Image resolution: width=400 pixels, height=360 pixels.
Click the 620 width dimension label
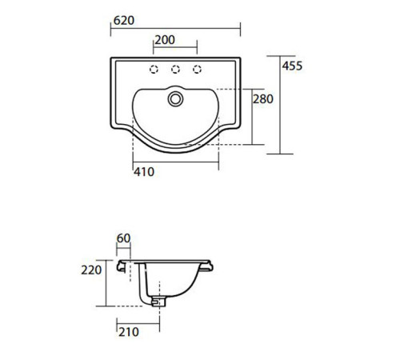click(124, 21)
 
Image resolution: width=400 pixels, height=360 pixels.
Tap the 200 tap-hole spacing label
click(165, 40)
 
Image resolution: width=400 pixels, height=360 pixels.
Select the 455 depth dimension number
click(293, 66)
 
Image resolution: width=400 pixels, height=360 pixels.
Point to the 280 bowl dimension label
click(263, 99)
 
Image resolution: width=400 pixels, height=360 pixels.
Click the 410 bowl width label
click(144, 172)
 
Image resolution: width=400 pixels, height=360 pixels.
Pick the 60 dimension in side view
click(123, 238)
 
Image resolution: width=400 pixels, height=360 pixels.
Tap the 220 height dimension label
click(91, 270)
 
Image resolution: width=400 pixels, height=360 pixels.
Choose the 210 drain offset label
click(129, 332)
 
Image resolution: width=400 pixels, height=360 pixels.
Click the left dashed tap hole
click(154, 70)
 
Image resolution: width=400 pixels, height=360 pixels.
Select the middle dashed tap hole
click(175, 70)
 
